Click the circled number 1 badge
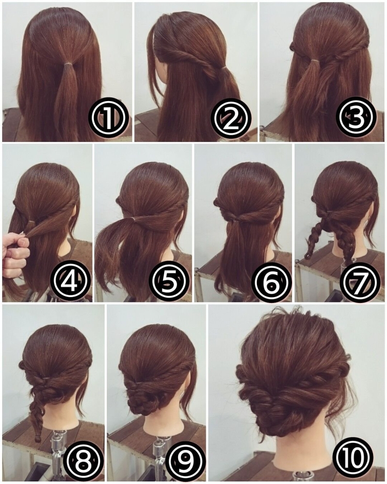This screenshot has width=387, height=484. pos(108,118)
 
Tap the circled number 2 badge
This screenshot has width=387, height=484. pos(231,118)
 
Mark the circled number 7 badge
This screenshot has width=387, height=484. pos(360,282)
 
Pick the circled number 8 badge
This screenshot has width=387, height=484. pos(83,460)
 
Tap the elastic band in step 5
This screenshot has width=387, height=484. pos(133,219)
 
